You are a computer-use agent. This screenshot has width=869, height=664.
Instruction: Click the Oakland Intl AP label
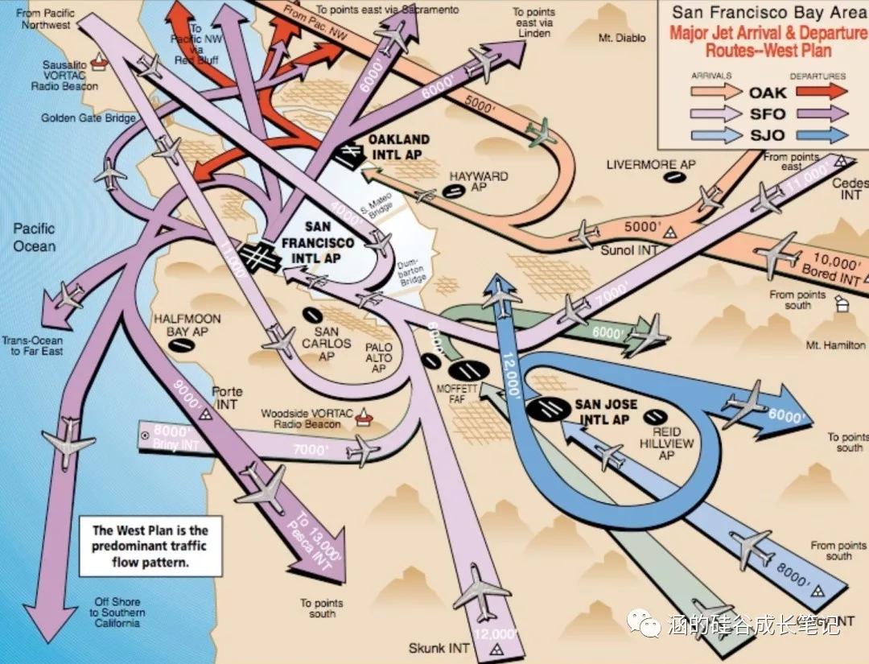(x=399, y=145)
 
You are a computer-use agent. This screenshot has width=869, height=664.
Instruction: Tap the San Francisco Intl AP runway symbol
(x=258, y=257)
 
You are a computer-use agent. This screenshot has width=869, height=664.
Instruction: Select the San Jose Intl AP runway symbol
(x=549, y=407)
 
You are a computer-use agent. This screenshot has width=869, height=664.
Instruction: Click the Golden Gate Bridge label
(x=89, y=118)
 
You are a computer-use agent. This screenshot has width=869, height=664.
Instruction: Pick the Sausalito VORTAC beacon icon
(x=99, y=58)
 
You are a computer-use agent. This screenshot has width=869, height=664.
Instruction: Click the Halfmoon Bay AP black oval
(x=181, y=344)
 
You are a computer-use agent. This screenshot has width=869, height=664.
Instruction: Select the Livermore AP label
(x=650, y=165)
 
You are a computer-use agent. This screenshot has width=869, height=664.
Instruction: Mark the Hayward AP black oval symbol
(x=455, y=191)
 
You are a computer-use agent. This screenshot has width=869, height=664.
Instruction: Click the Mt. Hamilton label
(x=835, y=345)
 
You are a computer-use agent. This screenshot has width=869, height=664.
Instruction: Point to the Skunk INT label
(x=439, y=647)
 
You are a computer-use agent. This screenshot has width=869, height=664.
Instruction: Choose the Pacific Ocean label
(x=34, y=237)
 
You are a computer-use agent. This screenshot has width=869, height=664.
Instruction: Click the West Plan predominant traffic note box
(x=150, y=546)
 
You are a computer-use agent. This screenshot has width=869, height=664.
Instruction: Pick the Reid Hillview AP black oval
(x=657, y=415)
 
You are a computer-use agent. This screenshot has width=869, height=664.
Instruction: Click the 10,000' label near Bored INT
(x=837, y=261)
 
